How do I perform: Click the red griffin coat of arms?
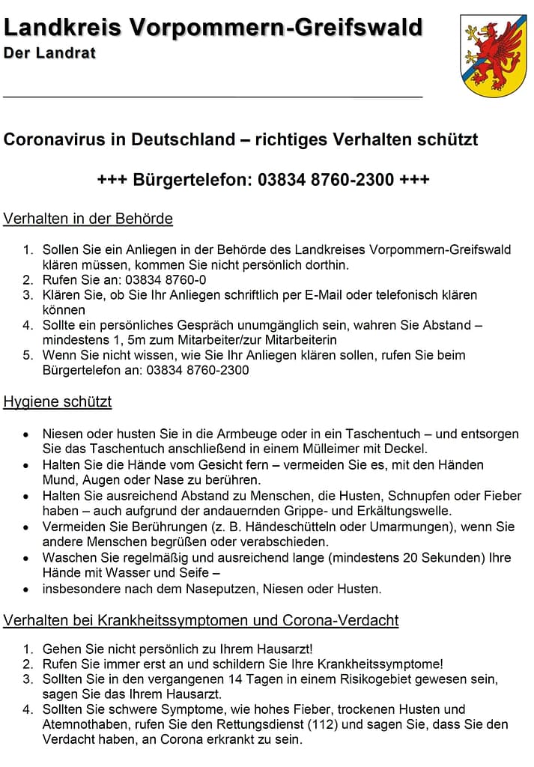point(488,55)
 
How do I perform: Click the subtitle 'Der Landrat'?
point(49,53)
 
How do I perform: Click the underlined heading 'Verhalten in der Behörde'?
point(88,219)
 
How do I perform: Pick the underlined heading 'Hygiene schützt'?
point(58,401)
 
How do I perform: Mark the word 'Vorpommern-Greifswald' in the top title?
point(276,28)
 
